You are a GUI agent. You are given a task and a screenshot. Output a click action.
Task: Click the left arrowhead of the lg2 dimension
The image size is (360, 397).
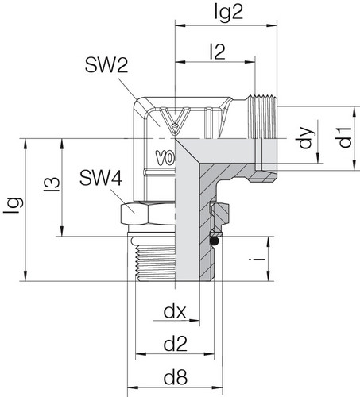coord(178,26)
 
